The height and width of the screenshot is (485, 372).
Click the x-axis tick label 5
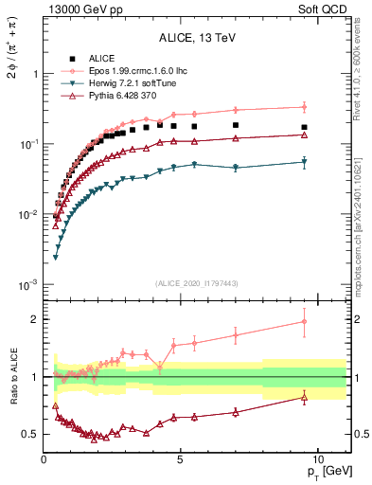(x=181, y=458)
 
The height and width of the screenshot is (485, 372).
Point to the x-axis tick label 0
(x=44, y=458)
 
